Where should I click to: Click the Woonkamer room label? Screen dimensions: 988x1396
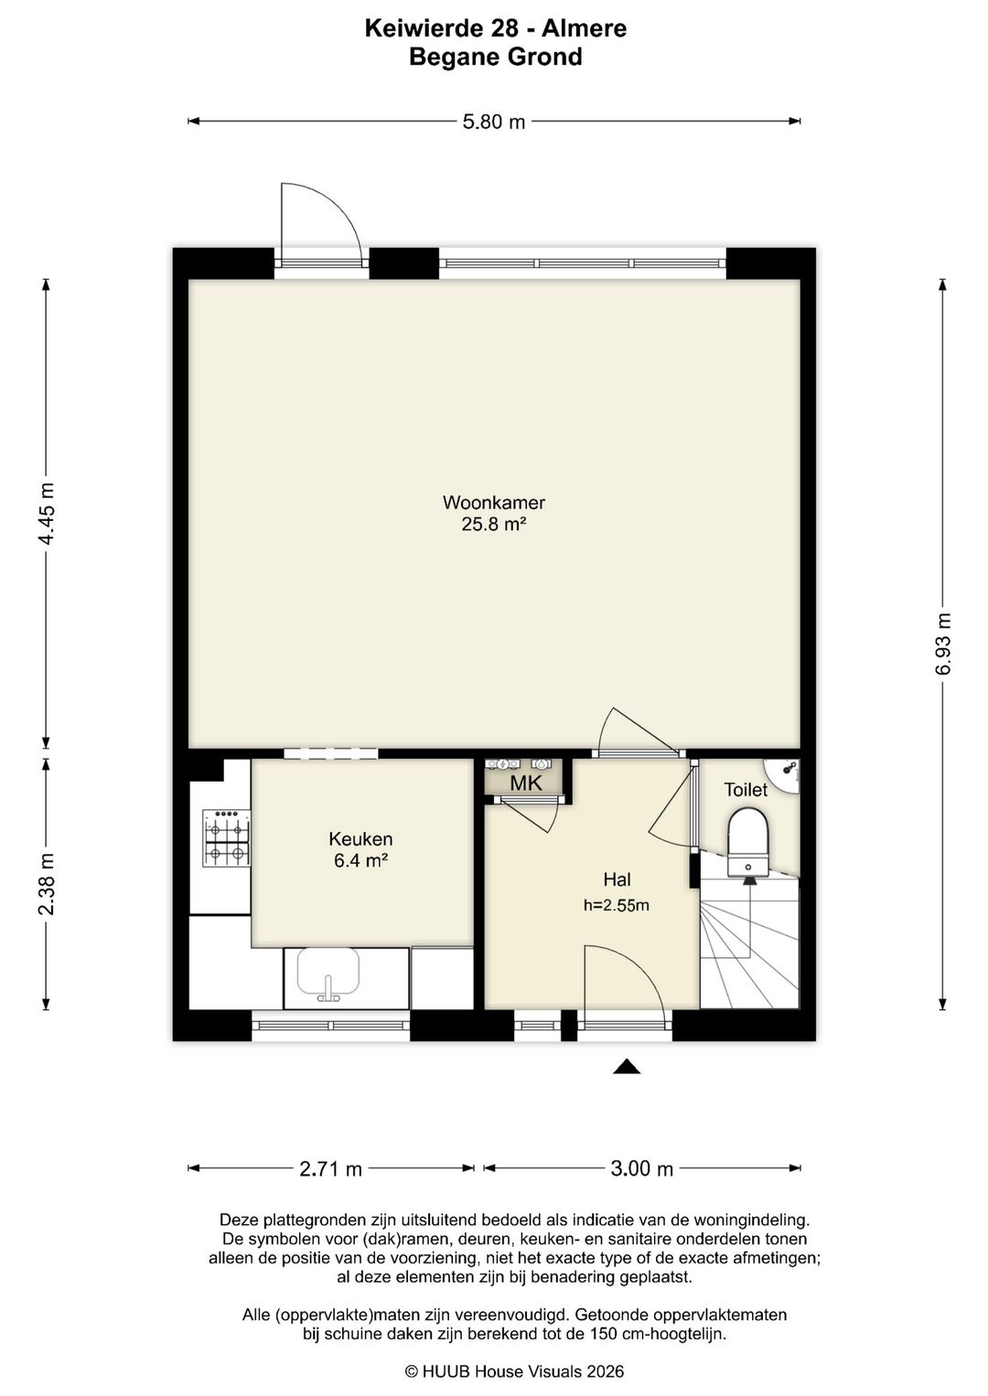[493, 502]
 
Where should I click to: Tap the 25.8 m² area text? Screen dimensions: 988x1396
[493, 524]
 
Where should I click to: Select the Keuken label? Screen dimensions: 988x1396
[360, 839]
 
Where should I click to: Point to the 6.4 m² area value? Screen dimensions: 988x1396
[361, 860]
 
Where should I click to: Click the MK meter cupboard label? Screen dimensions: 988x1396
[526, 783]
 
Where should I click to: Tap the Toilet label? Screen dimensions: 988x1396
[746, 790]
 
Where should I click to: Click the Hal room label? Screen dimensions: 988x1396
[617, 879]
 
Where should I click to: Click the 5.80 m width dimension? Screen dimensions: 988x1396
[493, 123]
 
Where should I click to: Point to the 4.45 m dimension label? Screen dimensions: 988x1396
[47, 513]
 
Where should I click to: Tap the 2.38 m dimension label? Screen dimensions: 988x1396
[47, 884]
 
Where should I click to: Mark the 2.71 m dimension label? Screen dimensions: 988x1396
[330, 1168]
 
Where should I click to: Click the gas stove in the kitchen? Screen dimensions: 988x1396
[226, 838]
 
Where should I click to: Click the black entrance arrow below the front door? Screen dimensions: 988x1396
[627, 1066]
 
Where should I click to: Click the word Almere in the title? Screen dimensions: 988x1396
[584, 28]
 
